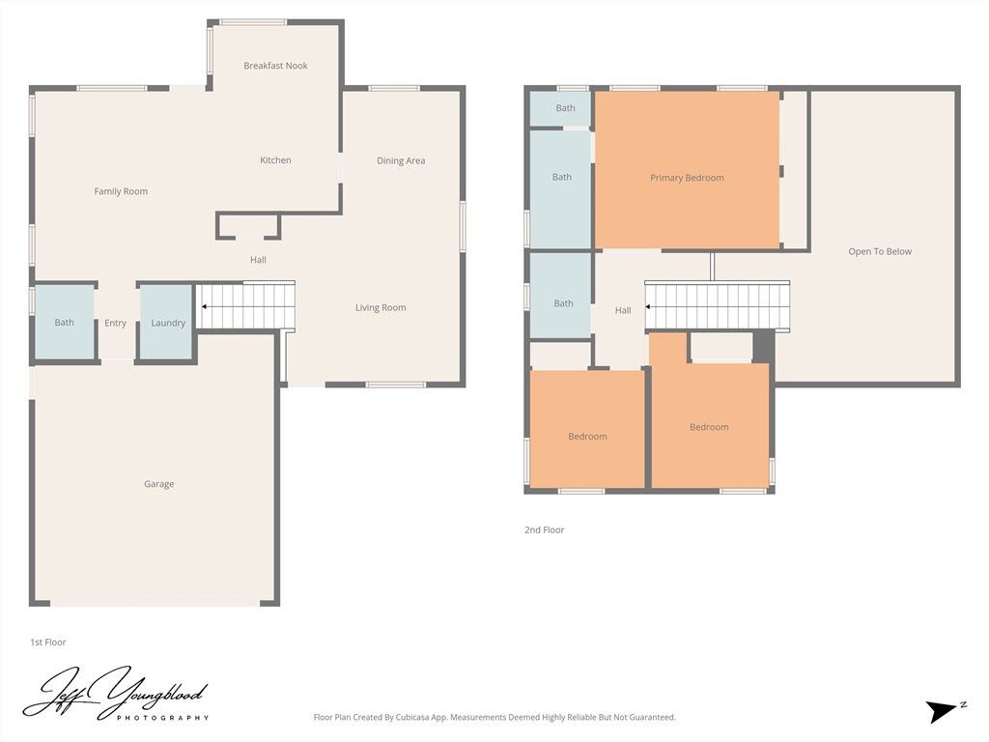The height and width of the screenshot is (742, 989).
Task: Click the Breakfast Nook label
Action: pyautogui.click(x=275, y=66)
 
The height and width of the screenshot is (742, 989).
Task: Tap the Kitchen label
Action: pyautogui.click(x=275, y=160)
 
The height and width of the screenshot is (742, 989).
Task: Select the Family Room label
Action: pyautogui.click(x=121, y=191)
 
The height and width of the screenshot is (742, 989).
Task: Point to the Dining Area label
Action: pyautogui.click(x=401, y=160)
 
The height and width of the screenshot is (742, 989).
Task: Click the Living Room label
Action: pyautogui.click(x=381, y=307)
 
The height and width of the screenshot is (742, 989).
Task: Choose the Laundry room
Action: pyautogui.click(x=168, y=323)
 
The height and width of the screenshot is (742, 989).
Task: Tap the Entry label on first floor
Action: pyautogui.click(x=115, y=323)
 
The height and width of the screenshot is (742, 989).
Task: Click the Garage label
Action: pyautogui.click(x=159, y=484)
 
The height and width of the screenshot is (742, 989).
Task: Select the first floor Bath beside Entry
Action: pyautogui.click(x=64, y=323)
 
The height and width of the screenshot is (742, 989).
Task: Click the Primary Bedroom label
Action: pyautogui.click(x=687, y=178)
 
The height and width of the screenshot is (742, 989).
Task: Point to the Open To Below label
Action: pyautogui.click(x=880, y=251)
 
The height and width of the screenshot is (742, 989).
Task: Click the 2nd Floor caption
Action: pyautogui.click(x=545, y=529)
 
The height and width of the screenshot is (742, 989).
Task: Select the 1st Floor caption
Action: pyautogui.click(x=47, y=642)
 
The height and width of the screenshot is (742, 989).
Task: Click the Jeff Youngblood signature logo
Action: pyautogui.click(x=115, y=694)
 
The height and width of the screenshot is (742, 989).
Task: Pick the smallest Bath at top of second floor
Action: pyautogui.click(x=565, y=108)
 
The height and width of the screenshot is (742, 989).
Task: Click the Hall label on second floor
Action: pyautogui.click(x=623, y=310)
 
